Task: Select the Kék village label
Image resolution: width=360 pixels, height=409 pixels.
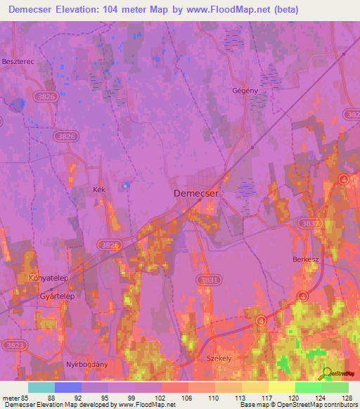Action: (98, 190)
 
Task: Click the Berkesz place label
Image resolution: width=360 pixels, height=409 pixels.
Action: (306, 259)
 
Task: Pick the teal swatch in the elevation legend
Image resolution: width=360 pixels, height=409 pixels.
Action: (41, 387)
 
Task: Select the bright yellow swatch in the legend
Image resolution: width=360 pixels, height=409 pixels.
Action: (281, 387)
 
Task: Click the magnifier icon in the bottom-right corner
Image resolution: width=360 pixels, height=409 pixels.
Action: (326, 375)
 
